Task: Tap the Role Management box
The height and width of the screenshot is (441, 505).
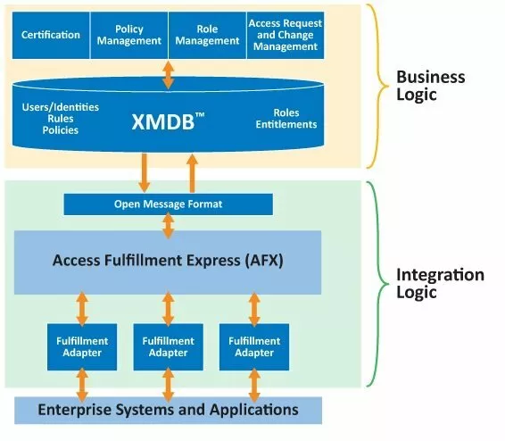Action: click(x=206, y=35)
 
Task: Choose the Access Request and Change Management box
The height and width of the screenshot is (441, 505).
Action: click(x=285, y=35)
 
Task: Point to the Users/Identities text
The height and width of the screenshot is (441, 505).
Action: click(x=60, y=107)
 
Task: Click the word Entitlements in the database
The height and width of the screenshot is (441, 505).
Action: click(x=286, y=125)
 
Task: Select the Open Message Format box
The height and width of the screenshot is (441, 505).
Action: click(x=168, y=204)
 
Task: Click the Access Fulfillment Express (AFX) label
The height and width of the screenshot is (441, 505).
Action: click(x=168, y=261)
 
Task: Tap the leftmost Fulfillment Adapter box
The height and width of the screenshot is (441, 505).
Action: click(x=82, y=346)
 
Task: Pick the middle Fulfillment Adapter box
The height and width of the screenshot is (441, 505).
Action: click(x=168, y=346)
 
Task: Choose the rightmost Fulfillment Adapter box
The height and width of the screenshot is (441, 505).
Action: click(x=253, y=346)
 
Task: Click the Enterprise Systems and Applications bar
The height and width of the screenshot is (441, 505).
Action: click(x=168, y=411)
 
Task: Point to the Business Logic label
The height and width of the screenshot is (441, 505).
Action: click(x=430, y=85)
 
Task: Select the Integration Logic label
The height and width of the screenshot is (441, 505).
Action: click(x=440, y=284)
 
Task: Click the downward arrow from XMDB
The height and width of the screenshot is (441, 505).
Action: click(x=143, y=172)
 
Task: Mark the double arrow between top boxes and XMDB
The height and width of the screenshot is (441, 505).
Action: click(x=168, y=73)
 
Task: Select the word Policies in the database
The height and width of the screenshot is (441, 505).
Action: click(x=60, y=130)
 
